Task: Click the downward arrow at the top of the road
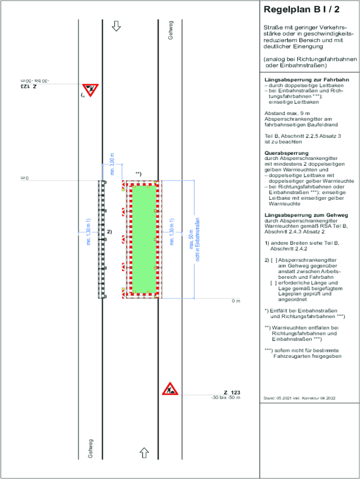116,26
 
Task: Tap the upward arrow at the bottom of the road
144,452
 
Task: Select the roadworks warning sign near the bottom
170,389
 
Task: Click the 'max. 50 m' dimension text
191,239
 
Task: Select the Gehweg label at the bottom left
91,448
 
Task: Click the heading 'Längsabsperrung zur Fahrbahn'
297,80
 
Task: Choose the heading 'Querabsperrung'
286,153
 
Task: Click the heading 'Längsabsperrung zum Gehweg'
298,215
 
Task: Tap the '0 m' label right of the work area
236,301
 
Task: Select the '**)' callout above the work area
138,174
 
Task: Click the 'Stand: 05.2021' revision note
299,398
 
